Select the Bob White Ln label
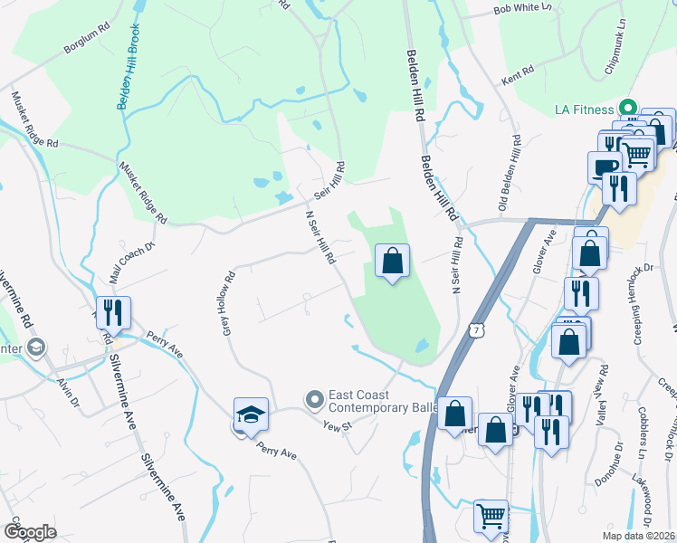click(x=522, y=8)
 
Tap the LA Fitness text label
click(x=586, y=110)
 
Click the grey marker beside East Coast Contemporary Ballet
click(x=315, y=398)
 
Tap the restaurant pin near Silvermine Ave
click(x=113, y=313)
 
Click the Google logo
click(x=30, y=531)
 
